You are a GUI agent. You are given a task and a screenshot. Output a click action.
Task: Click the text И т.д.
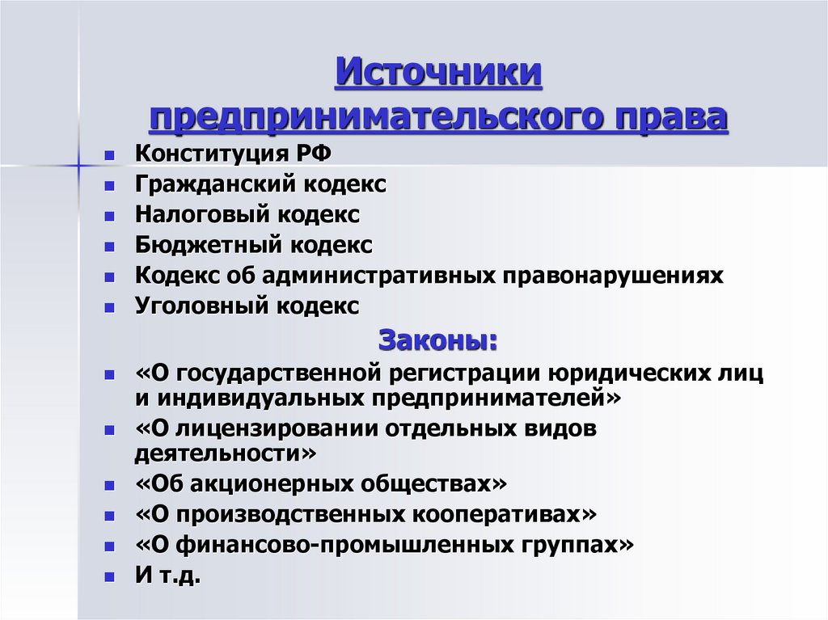[167, 576]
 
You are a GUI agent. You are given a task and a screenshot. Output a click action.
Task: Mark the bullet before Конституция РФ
[109, 154]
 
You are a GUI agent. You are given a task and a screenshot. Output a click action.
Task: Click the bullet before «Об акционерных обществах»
[109, 485]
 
